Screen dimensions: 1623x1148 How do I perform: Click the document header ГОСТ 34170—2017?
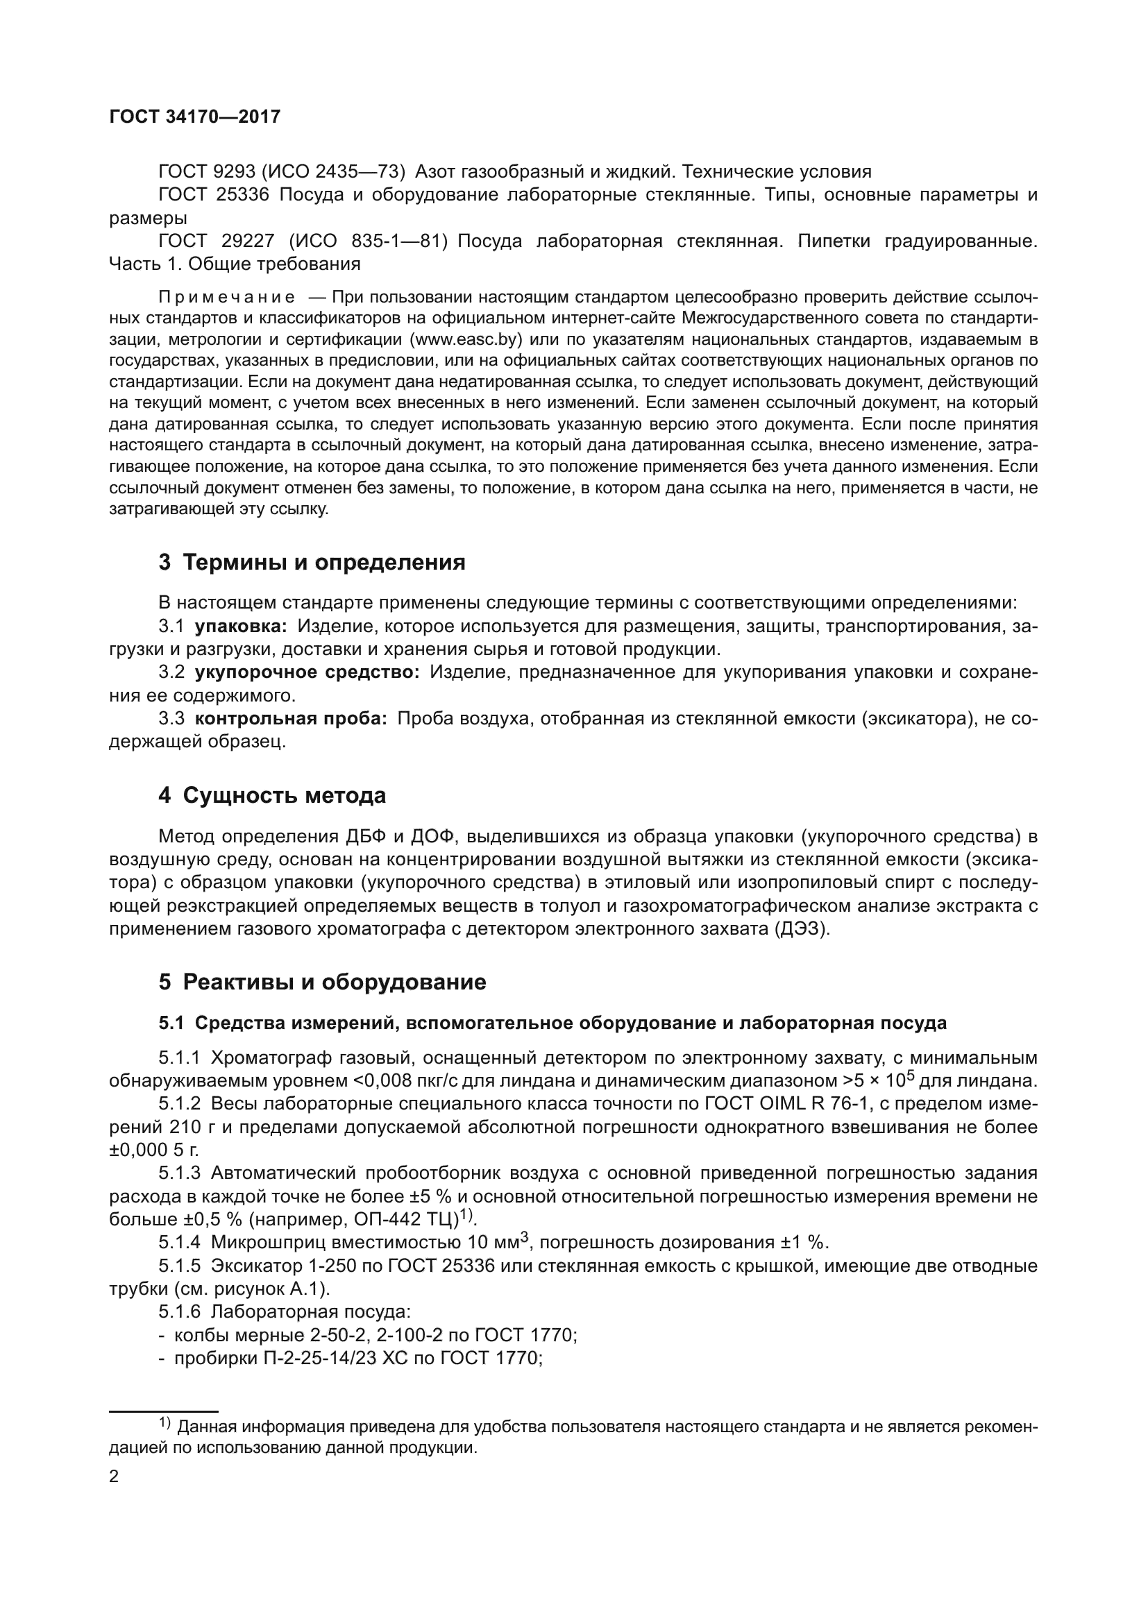(x=195, y=117)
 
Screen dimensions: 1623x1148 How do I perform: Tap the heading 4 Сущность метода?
(x=272, y=795)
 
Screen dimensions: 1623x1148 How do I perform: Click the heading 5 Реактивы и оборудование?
(x=322, y=982)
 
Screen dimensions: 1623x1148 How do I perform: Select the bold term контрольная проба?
(x=291, y=719)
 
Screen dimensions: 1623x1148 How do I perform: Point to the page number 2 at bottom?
(x=115, y=1477)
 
